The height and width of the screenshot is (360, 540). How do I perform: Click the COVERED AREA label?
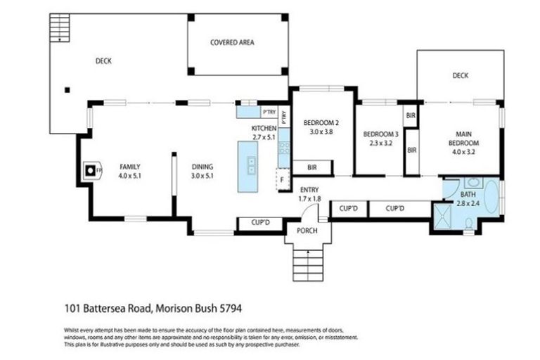click(232, 43)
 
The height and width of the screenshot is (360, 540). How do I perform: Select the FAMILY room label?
click(131, 167)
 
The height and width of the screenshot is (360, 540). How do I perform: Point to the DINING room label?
click(202, 167)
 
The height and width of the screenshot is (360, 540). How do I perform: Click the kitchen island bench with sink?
click(250, 166)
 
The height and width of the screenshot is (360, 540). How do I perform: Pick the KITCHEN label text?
click(264, 129)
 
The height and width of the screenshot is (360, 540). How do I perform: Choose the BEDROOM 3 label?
click(380, 134)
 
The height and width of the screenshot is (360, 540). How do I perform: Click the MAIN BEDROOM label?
click(463, 138)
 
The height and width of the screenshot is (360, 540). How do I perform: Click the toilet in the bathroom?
click(469, 224)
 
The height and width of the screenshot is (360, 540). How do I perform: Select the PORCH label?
click(307, 231)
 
